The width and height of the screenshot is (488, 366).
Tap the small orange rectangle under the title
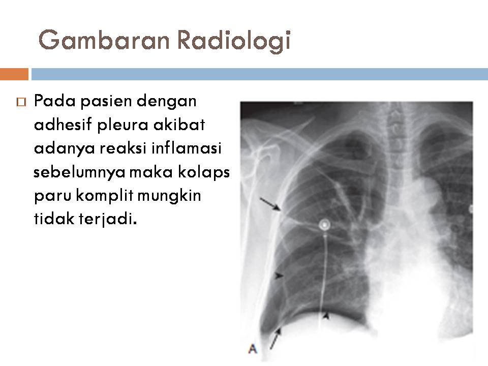[x=14, y=74]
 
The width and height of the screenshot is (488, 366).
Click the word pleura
[x=121, y=125]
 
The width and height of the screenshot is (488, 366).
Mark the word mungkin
[x=173, y=196]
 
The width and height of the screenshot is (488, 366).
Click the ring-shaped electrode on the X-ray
[x=324, y=224]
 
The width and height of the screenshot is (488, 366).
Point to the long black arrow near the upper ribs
[x=270, y=204]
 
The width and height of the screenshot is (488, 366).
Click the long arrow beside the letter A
[x=274, y=339]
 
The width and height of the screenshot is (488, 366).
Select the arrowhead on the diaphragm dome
[x=327, y=316]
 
